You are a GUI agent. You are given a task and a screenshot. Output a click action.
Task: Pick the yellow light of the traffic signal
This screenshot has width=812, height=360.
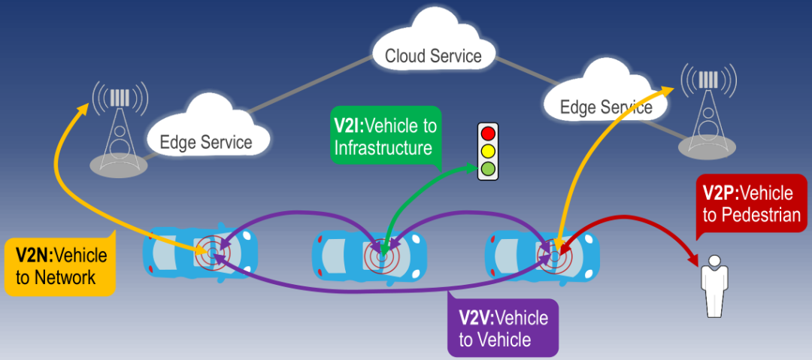(489, 151)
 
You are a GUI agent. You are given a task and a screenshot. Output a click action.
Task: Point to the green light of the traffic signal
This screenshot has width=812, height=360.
(489, 168)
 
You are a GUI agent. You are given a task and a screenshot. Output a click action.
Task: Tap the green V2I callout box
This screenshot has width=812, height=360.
(384, 135)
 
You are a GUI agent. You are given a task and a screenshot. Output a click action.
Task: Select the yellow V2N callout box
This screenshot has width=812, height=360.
(60, 266)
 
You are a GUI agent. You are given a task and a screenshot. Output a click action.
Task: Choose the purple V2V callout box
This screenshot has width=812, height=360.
(503, 328)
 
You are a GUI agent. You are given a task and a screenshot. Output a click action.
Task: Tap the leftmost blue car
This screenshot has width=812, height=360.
(200, 251)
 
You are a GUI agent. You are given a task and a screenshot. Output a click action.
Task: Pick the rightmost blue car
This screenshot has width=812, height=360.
(542, 254)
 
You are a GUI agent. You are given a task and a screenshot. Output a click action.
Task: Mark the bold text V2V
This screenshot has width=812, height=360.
(476, 317)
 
